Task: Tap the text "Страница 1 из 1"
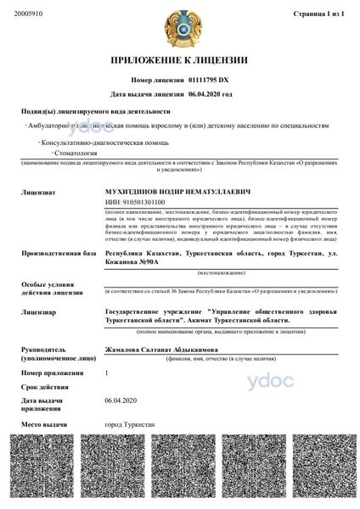point(318,14)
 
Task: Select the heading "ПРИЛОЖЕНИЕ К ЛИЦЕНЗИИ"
point(179,60)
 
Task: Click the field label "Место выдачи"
point(42,422)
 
